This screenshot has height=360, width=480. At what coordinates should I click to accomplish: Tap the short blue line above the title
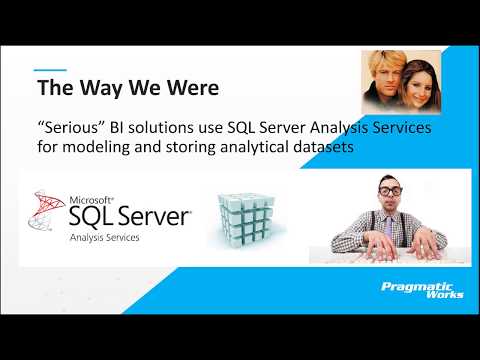[51, 70]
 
